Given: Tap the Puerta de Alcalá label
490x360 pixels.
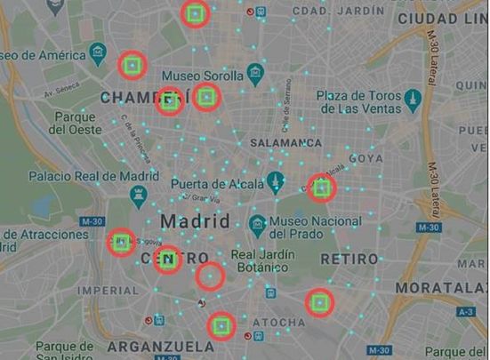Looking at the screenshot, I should [x=218, y=184].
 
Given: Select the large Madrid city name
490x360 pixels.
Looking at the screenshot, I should [x=195, y=220].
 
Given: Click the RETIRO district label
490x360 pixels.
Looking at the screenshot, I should [x=349, y=259].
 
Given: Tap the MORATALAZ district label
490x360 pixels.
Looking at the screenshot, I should [x=441, y=288].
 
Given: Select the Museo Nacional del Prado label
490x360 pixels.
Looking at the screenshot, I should [x=311, y=228].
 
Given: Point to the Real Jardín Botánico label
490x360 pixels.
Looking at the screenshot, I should [x=259, y=260].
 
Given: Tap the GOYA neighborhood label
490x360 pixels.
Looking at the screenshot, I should [x=365, y=158].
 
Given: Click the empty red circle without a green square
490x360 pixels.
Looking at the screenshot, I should [x=210, y=276].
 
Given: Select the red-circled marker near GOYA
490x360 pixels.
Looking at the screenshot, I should [x=320, y=188].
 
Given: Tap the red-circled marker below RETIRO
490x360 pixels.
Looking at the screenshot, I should [x=320, y=303].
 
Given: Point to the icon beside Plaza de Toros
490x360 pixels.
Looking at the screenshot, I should [x=412, y=97].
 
